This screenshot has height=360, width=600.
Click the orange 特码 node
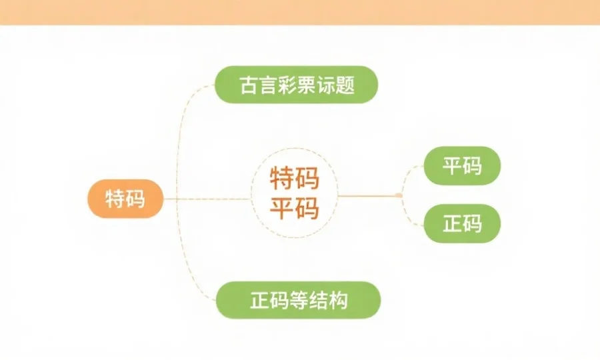(x=125, y=199)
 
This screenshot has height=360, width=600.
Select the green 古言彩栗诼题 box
(x=296, y=85)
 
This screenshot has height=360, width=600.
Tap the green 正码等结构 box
(x=298, y=300)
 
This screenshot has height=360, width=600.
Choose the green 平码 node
(x=462, y=165)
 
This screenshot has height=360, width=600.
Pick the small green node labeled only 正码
(x=462, y=223)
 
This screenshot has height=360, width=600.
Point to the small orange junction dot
(x=398, y=195)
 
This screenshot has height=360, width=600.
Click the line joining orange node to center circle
(x=207, y=199)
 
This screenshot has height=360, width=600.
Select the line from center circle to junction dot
(x=367, y=195)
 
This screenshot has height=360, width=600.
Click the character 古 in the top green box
(x=249, y=85)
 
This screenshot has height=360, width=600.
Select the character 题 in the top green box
(x=345, y=85)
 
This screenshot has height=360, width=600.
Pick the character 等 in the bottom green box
(x=298, y=300)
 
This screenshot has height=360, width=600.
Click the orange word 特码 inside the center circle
(x=294, y=179)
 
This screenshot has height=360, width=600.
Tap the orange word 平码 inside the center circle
(x=294, y=209)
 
